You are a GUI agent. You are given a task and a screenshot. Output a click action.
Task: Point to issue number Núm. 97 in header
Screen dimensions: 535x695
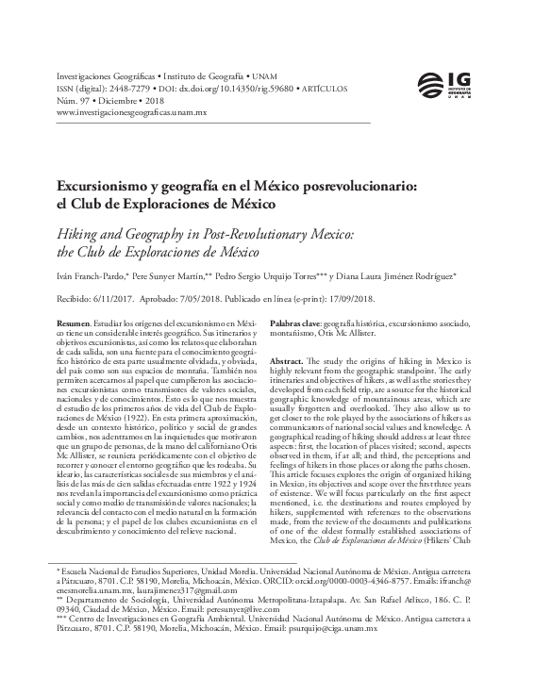click(x=75, y=98)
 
